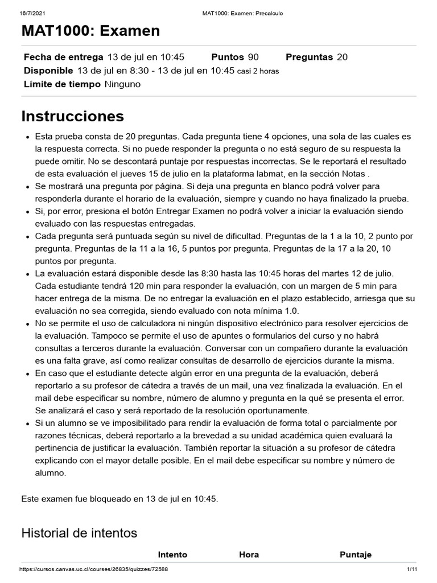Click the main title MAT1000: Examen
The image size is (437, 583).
90,31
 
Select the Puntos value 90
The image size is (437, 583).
253,57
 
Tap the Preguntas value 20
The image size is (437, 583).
342,57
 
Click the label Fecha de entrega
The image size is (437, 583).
63,57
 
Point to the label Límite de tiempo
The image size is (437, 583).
62,84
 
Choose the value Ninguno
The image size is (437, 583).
122,84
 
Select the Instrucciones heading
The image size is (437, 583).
72,116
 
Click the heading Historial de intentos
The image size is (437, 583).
79,533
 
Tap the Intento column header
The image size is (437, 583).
172,555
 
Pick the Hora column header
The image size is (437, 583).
249,555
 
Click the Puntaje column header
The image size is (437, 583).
356,555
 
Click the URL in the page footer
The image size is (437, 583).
93,569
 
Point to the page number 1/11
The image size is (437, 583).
412,569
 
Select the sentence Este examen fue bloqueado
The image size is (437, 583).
119,499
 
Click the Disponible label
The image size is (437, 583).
48,71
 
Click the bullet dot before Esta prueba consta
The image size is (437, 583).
28,137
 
